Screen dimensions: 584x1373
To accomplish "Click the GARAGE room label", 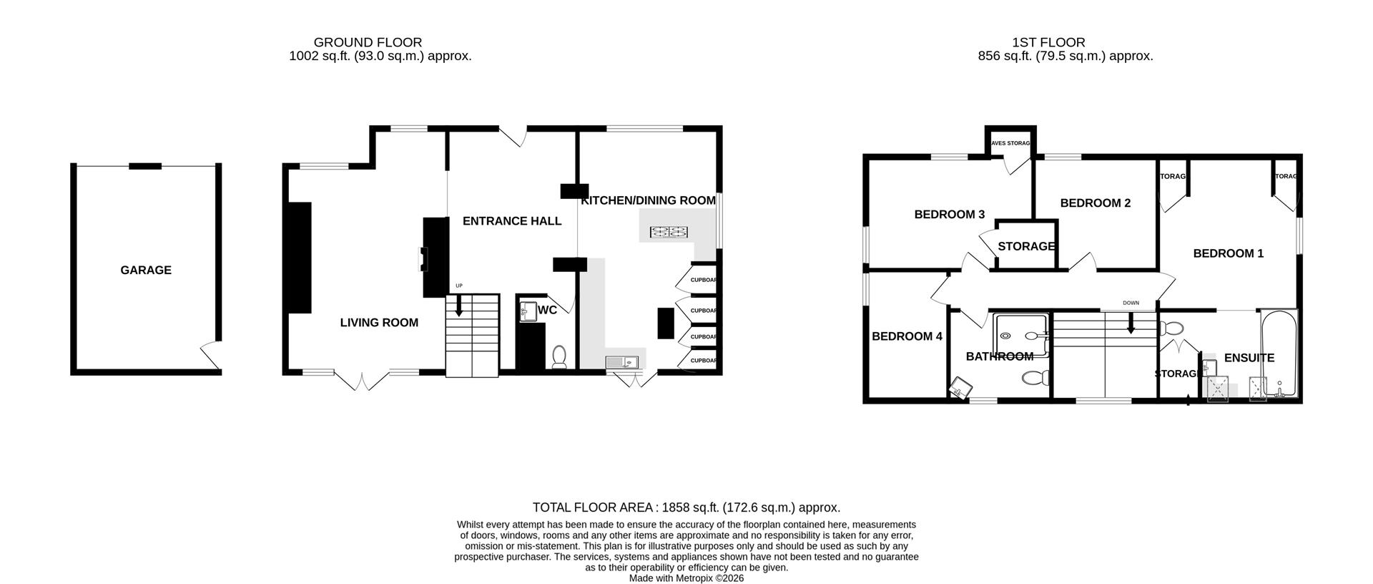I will coord(146,270).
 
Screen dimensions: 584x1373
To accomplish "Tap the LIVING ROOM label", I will coord(379,323).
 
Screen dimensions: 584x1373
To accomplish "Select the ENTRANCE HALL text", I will coord(512,221).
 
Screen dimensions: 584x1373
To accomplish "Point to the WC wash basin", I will coord(528,311).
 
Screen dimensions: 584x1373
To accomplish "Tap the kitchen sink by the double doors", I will coord(620,362).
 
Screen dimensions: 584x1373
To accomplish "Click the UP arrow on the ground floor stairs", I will coord(458,308).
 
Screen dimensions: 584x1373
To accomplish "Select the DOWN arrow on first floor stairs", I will coord(1131,326).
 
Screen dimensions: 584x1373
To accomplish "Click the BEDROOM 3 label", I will coord(950,215).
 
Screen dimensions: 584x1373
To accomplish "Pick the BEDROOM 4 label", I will coord(907,336).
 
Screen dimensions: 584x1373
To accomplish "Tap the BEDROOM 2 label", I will coord(1095,203).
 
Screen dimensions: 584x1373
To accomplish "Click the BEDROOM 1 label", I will coord(1228,253).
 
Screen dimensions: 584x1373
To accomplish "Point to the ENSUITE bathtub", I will coord(1279,354).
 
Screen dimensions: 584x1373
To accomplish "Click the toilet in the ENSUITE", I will coord(1171,328).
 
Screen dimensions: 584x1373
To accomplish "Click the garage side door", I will coord(210,356).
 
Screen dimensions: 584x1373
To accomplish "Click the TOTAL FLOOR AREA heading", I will coord(686,507).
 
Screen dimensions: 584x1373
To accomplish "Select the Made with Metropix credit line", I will coord(686,578).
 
